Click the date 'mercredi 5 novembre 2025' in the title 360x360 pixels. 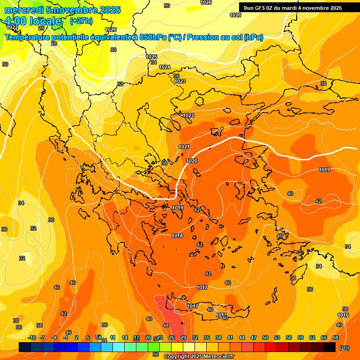[62, 10]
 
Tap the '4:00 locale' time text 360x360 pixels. [33, 21]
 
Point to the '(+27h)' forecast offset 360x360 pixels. [81, 21]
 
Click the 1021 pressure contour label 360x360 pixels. [184, 147]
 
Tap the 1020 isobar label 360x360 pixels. [192, 161]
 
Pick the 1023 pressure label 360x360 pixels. [180, 81]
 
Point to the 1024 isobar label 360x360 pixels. [165, 67]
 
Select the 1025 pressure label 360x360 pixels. [151, 57]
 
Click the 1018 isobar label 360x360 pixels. [177, 236]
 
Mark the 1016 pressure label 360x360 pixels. [343, 315]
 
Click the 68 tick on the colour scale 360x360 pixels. [336, 337]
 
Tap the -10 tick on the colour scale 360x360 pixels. [32, 337]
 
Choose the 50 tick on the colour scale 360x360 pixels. [265, 337]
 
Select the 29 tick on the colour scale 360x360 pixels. [183, 337]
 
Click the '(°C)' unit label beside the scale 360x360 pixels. [345, 347]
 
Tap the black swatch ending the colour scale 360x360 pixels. [330, 347]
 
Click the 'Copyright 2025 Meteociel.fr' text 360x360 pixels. [199, 356]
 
